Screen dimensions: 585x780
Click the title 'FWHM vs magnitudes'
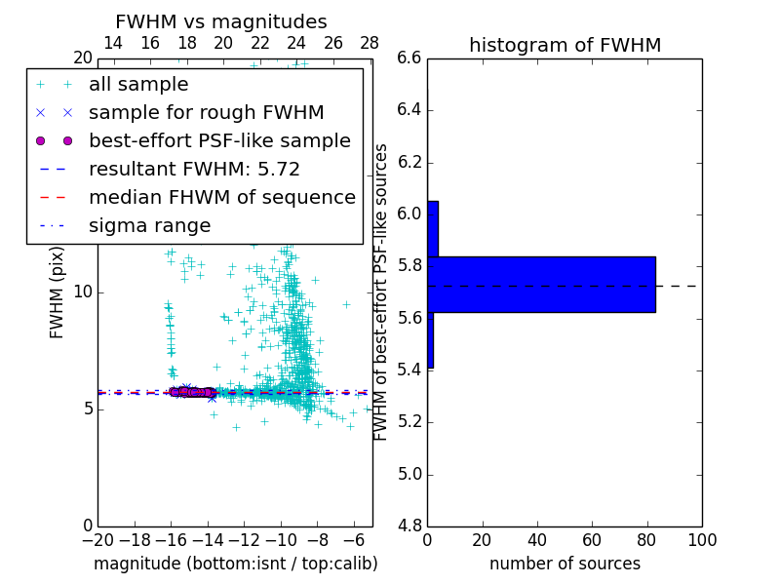coord(221,21)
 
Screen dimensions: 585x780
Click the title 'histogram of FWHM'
coord(565,45)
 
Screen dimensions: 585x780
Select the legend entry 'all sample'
coord(138,85)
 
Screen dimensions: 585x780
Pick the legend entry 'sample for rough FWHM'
coord(206,113)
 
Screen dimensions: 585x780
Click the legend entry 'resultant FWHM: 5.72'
coord(194,169)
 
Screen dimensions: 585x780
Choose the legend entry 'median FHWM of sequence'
coord(221,197)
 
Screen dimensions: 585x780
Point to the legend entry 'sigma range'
coord(149,225)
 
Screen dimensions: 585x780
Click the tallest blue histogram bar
coord(541,285)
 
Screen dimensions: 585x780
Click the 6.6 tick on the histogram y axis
coord(409,58)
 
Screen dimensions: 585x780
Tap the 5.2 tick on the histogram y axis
coord(409,422)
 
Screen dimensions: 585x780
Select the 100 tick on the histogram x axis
coord(702,540)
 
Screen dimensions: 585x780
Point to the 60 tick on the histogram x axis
coord(592,540)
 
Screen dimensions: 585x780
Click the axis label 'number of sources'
coord(565,564)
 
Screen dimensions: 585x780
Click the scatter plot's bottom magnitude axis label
coord(235,564)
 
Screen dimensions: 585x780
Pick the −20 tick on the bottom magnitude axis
coord(97,540)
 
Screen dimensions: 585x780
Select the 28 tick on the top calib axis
coord(370,43)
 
